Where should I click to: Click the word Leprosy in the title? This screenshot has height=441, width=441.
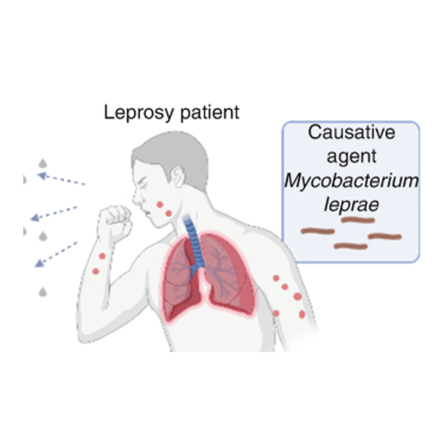pyautogui.click(x=138, y=112)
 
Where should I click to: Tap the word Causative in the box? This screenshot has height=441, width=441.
pyautogui.click(x=351, y=132)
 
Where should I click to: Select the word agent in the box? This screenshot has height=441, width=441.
pyautogui.click(x=351, y=157)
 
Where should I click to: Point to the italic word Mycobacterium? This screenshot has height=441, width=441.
pyautogui.click(x=351, y=180)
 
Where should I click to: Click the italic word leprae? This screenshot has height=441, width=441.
pyautogui.click(x=351, y=205)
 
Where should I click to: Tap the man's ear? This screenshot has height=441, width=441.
pyautogui.click(x=178, y=177)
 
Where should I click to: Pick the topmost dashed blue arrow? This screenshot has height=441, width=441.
pyautogui.click(x=61, y=179)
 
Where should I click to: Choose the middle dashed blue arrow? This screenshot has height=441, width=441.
pyautogui.click(x=54, y=213)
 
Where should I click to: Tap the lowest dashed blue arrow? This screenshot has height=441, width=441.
pyautogui.click(x=56, y=255)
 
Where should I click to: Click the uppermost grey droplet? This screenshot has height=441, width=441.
pyautogui.click(x=43, y=163)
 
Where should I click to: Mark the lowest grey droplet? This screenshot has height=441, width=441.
pyautogui.click(x=43, y=292)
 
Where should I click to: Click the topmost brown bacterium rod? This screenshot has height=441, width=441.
pyautogui.click(x=358, y=220)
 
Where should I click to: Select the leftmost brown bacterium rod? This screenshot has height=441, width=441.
pyautogui.click(x=318, y=230)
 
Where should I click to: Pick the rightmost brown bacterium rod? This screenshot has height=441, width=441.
pyautogui.click(x=385, y=236)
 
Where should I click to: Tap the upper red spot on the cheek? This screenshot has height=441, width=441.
pyautogui.click(x=160, y=205)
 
